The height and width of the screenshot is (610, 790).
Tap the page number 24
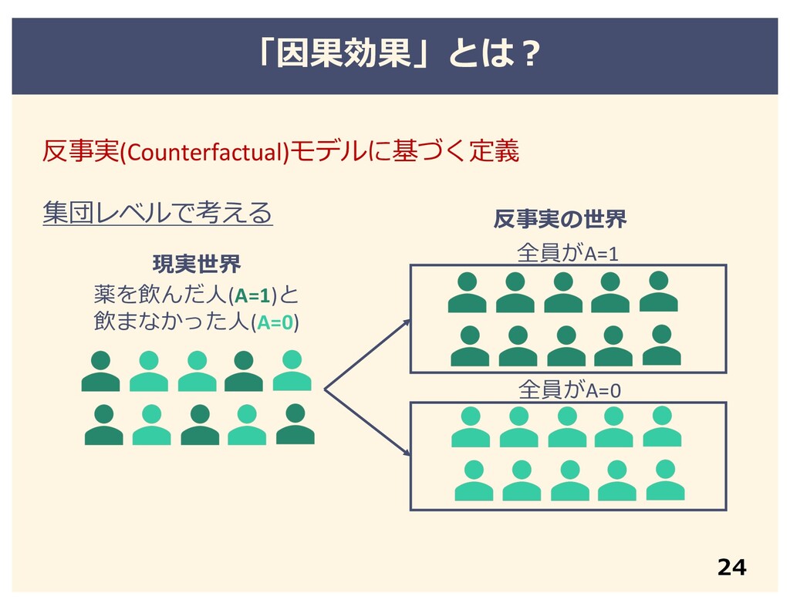[731, 568]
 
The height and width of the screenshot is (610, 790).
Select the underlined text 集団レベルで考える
[157, 211]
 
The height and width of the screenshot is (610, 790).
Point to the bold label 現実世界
[197, 265]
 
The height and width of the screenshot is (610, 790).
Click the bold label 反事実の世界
[559, 220]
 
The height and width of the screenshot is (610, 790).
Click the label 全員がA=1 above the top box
[568, 254]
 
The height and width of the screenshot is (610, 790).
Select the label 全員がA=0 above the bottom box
[569, 390]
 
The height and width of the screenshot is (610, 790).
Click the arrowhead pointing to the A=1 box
[407, 323]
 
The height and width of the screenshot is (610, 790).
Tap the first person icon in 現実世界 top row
[100, 371]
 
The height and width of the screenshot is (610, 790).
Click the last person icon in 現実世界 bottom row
[295, 424]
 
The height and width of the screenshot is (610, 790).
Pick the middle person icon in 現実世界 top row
[197, 371]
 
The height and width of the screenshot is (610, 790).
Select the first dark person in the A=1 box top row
[467, 292]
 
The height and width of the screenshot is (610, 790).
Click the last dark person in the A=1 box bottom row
[661, 345]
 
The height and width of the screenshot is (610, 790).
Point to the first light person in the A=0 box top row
[470, 427]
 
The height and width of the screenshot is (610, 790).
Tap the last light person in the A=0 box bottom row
[665, 480]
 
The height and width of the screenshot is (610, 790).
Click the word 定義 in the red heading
[495, 152]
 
